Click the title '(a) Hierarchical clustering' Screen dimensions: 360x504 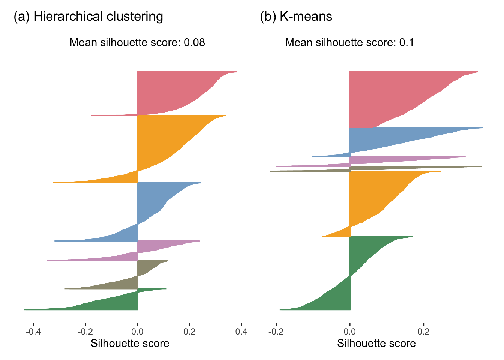tap(88, 16)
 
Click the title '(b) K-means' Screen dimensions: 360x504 tap(296, 16)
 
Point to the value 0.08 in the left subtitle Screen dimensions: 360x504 tap(194, 42)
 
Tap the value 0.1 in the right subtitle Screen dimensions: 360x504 tap(406, 42)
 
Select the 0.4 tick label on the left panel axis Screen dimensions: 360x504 tap(241, 331)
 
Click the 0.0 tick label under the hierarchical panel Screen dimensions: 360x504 tap(137, 331)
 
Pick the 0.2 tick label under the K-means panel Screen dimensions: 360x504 tap(423, 331)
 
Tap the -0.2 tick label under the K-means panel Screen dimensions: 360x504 tap(276, 331)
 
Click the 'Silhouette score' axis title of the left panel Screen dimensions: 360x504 tap(130, 343)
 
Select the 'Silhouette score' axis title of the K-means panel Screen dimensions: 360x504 tap(376, 343)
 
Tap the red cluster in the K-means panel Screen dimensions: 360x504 tap(382, 97)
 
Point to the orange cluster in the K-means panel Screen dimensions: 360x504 tap(375, 195)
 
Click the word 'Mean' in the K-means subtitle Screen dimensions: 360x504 tap(299, 42)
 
